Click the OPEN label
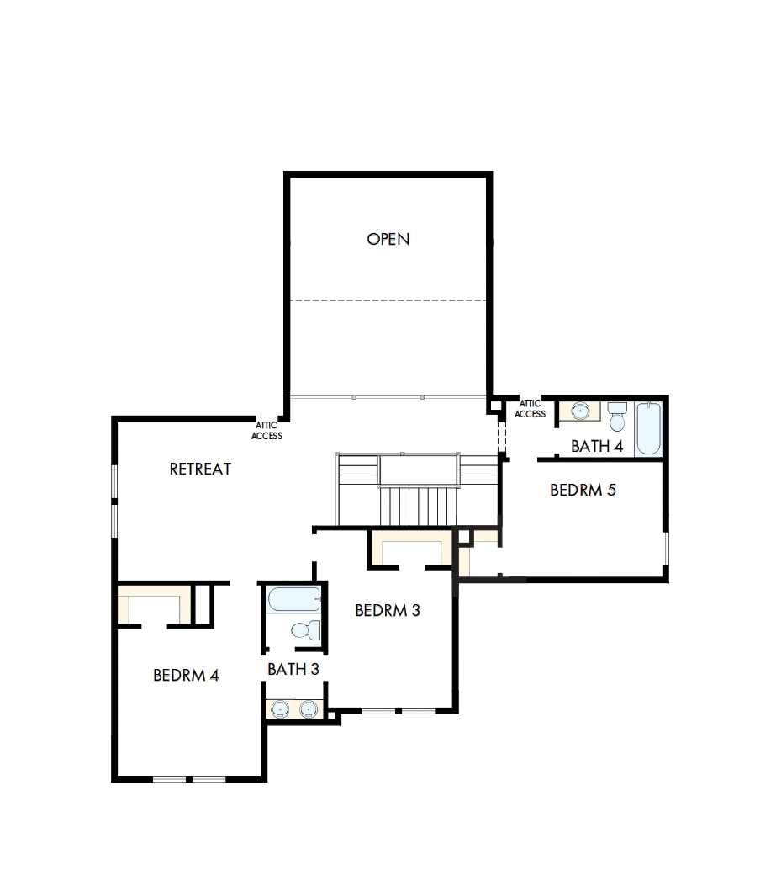click(388, 239)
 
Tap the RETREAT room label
click(200, 469)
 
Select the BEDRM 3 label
click(387, 610)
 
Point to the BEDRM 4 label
click(186, 675)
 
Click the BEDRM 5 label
click(583, 490)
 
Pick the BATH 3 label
click(293, 669)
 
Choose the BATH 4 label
click(597, 446)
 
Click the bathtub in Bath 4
click(648, 428)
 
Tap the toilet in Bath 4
click(618, 417)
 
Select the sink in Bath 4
click(580, 411)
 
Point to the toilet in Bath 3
click(304, 629)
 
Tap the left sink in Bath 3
click(281, 709)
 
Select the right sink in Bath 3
click(309, 709)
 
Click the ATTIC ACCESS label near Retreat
click(267, 431)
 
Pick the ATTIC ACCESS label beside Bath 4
click(530, 409)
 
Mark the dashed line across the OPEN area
click(388, 300)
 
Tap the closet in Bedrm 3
click(412, 552)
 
